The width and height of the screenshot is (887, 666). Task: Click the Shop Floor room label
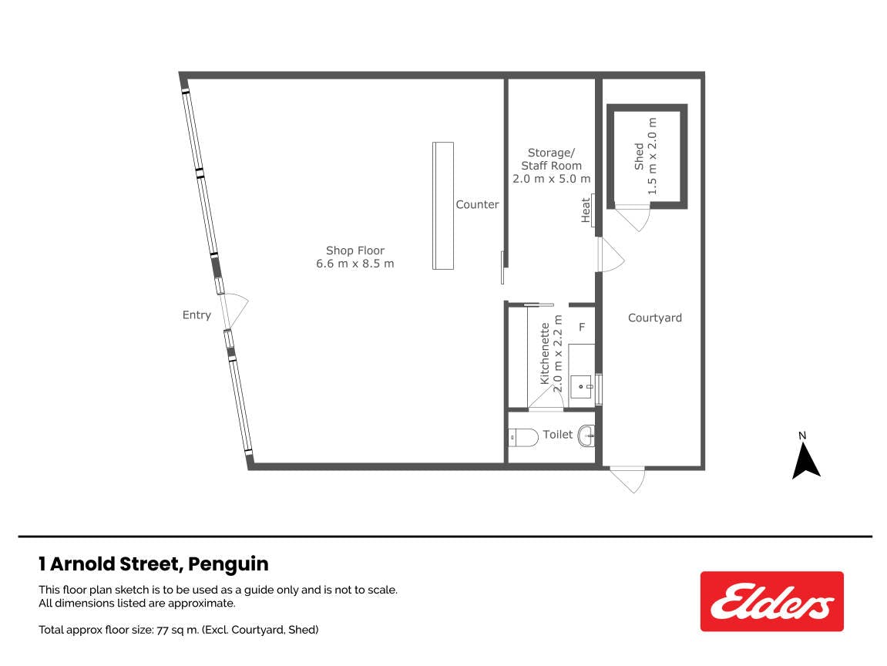pos(354,257)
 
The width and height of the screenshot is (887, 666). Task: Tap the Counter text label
pos(478,204)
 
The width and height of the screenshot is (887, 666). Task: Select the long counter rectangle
pos(443,205)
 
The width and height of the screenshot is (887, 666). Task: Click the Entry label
pos(197,314)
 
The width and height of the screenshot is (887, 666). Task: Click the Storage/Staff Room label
pos(552,165)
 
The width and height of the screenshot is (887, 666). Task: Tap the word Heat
pos(586,210)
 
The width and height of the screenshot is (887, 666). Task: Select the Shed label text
pos(646,156)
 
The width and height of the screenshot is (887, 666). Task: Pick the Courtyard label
pos(654,318)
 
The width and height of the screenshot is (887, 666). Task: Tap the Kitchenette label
pos(551,354)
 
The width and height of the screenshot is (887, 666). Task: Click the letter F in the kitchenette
pos(582,327)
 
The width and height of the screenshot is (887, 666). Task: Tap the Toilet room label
pos(558,434)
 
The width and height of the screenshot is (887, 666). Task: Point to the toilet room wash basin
pos(586,436)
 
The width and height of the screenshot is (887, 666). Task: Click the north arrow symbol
pos(805,460)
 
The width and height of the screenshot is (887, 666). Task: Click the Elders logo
pos(771,601)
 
